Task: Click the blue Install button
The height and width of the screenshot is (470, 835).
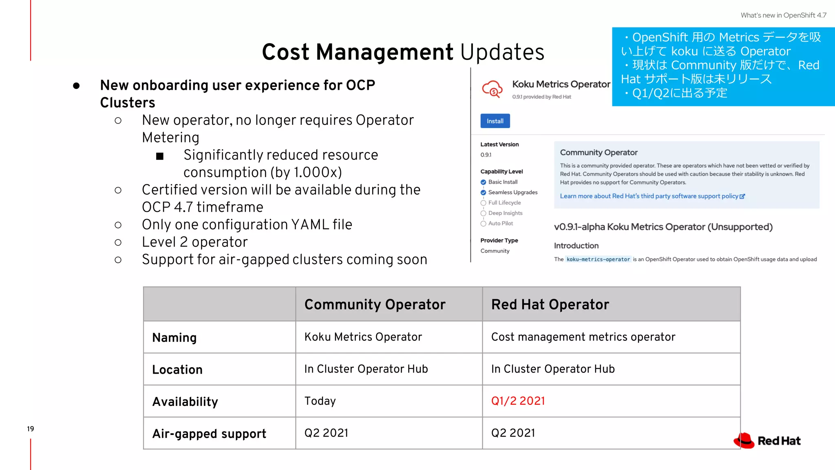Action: (x=495, y=121)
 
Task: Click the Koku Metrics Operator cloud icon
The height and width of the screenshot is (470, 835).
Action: (x=493, y=89)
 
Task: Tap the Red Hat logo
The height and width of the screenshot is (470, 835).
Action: (x=767, y=441)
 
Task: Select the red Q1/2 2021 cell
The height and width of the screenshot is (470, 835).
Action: (x=518, y=401)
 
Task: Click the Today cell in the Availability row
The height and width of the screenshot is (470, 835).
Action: (x=320, y=401)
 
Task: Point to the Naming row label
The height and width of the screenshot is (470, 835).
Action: (x=175, y=337)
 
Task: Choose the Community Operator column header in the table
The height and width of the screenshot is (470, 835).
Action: (x=375, y=304)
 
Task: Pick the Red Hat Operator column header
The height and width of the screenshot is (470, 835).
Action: (x=550, y=304)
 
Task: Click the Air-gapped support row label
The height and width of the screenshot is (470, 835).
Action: (x=209, y=433)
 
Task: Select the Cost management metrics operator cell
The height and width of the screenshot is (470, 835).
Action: (x=583, y=337)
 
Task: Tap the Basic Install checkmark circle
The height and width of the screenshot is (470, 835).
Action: (x=483, y=182)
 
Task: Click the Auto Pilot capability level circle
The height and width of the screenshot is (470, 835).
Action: (x=483, y=224)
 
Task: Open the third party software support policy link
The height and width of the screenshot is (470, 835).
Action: (x=652, y=196)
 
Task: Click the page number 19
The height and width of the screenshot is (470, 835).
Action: (x=31, y=429)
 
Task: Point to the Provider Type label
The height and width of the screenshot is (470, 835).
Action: (x=499, y=240)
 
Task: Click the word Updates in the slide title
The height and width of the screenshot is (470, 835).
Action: (x=502, y=52)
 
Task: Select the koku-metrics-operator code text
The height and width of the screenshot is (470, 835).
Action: (x=598, y=259)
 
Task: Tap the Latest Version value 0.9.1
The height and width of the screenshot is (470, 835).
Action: (x=486, y=155)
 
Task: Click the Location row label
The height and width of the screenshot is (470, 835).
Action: (x=177, y=370)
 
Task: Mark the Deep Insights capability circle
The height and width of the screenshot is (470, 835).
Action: (x=483, y=213)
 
